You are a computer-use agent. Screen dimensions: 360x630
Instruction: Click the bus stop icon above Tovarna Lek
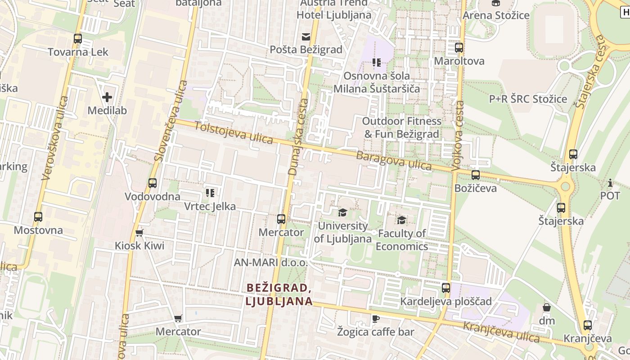78,39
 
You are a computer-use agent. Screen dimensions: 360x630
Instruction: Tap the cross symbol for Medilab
107,97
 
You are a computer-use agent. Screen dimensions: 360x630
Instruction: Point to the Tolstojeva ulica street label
234,133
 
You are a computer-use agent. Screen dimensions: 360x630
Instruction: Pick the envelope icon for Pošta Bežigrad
306,36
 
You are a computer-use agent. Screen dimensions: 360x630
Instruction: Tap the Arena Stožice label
496,15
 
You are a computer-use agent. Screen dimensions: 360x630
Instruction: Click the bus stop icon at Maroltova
459,48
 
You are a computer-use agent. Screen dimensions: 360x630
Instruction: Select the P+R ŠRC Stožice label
528,99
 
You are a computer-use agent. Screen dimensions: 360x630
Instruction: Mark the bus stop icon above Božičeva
476,175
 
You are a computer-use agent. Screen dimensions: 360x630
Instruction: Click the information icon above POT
610,183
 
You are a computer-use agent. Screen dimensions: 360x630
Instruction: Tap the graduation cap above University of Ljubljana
343,212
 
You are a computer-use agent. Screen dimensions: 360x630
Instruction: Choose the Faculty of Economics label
402,240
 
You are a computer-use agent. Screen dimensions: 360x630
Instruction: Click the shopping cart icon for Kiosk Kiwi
139,233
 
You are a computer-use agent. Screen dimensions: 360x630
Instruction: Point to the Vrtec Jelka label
210,207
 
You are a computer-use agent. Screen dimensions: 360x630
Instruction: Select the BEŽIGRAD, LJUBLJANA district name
279,294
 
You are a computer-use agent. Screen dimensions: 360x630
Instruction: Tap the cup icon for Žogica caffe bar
376,319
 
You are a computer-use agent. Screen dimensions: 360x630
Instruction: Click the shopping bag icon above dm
547,308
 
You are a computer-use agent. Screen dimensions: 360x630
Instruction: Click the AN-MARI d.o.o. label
270,262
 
